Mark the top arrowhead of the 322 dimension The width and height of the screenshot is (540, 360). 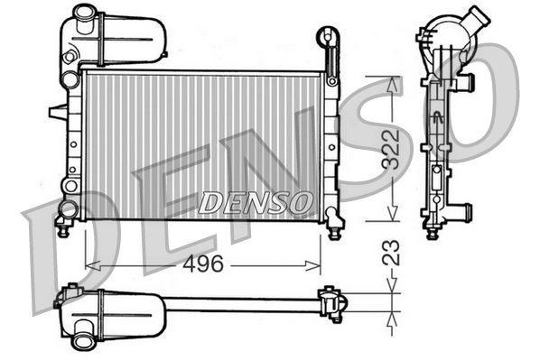pyautogui.click(x=392, y=84)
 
